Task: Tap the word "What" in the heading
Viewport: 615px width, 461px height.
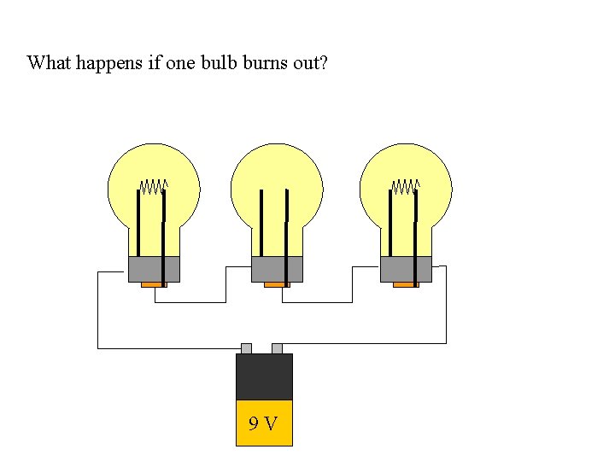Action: (48, 63)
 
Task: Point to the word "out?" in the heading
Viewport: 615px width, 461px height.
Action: (308, 63)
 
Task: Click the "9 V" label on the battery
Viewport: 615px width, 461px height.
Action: (263, 423)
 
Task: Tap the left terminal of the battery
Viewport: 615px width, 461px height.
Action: (246, 348)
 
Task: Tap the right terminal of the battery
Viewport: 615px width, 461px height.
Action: (277, 348)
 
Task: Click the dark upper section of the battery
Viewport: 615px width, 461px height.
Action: (264, 376)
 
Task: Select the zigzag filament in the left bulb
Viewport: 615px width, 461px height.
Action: (154, 185)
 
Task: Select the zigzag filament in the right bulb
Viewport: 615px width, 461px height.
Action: (406, 185)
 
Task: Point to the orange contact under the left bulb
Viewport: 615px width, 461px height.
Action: (154, 285)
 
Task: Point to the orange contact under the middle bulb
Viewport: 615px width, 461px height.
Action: (277, 285)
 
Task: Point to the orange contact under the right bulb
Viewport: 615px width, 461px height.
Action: (406, 285)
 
